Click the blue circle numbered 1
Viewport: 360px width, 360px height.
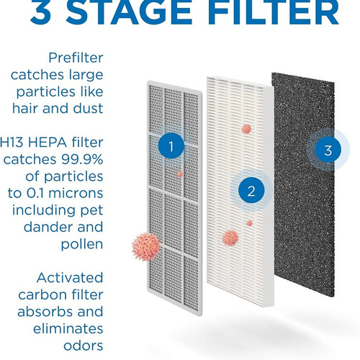(x=171, y=145)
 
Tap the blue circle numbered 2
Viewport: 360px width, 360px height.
(x=251, y=191)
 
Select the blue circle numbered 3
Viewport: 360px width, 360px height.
(x=328, y=150)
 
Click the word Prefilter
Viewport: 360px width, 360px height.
(x=76, y=58)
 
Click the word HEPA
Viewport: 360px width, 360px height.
(x=48, y=143)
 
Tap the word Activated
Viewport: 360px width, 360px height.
(x=70, y=278)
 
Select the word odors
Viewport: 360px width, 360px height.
(x=84, y=346)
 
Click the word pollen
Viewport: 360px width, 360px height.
(x=82, y=245)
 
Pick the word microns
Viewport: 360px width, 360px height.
(x=76, y=193)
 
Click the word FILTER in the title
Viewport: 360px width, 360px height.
(x=274, y=12)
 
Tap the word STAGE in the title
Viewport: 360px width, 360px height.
(x=129, y=12)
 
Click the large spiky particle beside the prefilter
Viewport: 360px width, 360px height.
(x=146, y=247)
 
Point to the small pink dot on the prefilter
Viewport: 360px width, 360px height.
(x=179, y=174)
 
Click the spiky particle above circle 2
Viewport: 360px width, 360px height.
(x=246, y=129)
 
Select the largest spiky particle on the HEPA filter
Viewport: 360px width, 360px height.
(x=230, y=238)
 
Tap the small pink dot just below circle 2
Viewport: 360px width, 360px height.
(x=250, y=223)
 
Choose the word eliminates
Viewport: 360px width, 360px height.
(x=68, y=328)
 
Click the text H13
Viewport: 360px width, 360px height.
(x=12, y=143)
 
